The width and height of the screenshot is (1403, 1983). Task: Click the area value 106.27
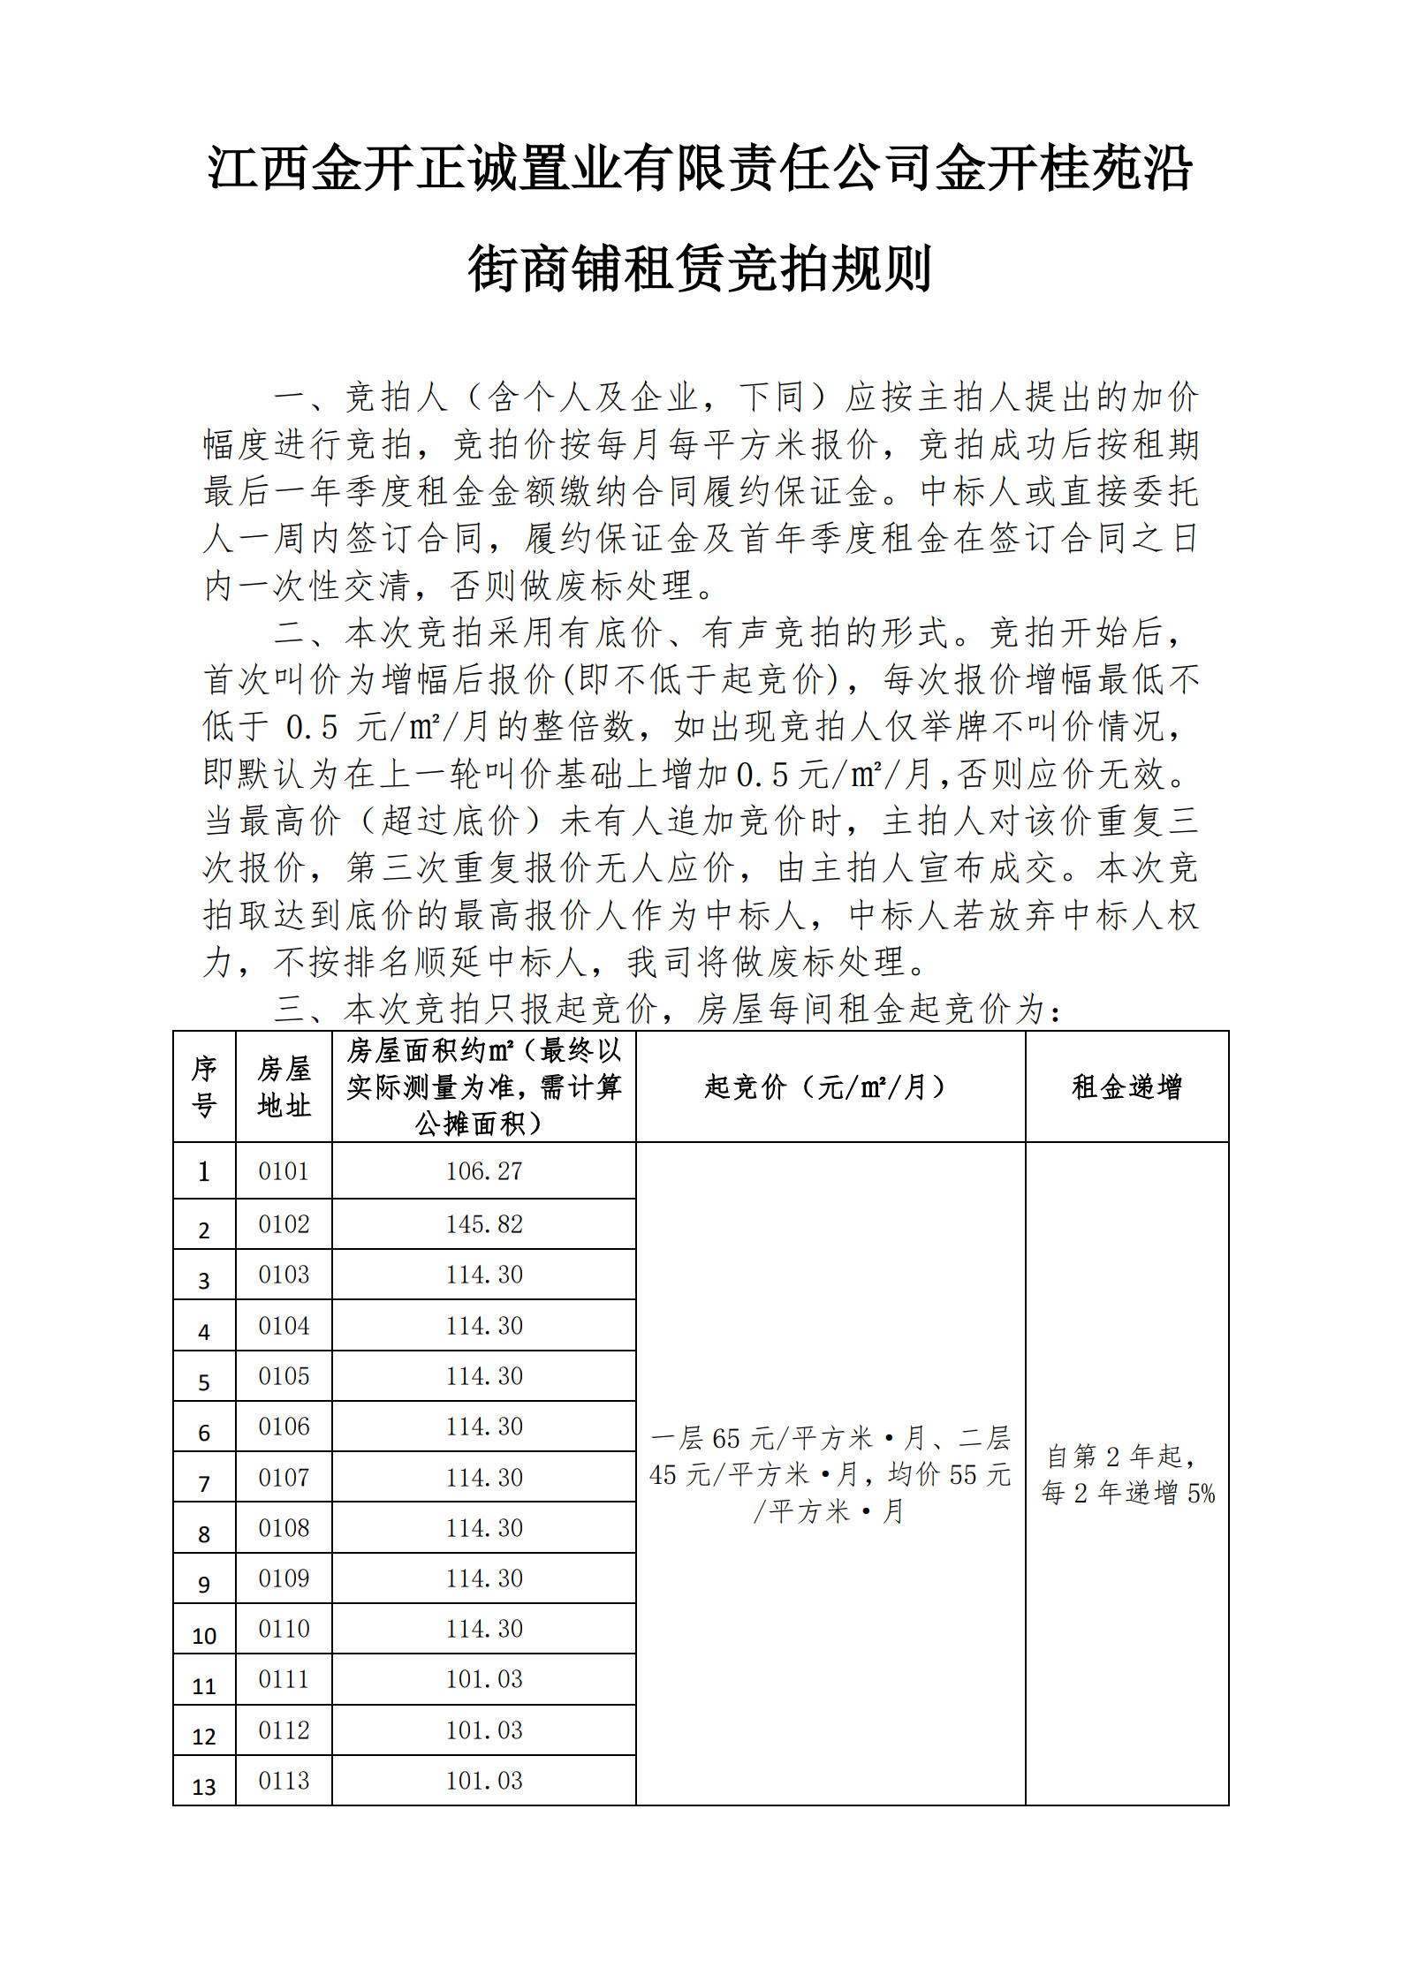pyautogui.click(x=484, y=1171)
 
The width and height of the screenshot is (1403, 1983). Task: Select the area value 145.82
pyautogui.click(x=484, y=1224)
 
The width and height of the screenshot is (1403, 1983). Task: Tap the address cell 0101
pyautogui.click(x=284, y=1171)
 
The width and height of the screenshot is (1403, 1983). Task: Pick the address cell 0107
pyautogui.click(x=284, y=1478)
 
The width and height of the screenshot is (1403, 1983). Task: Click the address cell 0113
pyautogui.click(x=284, y=1781)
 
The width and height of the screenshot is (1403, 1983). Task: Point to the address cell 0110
pyautogui.click(x=284, y=1629)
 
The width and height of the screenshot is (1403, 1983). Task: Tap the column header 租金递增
pyautogui.click(x=1126, y=1086)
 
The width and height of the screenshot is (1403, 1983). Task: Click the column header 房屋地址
pyautogui.click(x=284, y=1086)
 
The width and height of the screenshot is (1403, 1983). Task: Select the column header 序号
pyautogui.click(x=204, y=1086)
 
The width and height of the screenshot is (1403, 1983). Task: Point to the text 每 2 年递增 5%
pyautogui.click(x=1127, y=1494)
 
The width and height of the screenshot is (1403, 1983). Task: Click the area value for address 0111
pyautogui.click(x=484, y=1679)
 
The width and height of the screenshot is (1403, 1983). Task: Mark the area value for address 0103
pyautogui.click(x=484, y=1275)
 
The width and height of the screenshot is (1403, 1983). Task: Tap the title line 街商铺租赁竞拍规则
pyautogui.click(x=700, y=269)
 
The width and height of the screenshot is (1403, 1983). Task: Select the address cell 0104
pyautogui.click(x=284, y=1326)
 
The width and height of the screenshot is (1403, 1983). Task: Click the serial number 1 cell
pyautogui.click(x=204, y=1172)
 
